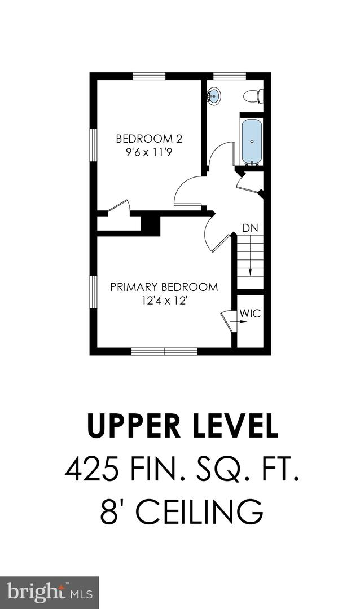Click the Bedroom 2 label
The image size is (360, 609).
[x=149, y=138]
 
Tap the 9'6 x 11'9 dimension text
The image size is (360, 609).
[x=149, y=152]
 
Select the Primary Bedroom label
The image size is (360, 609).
[x=164, y=287]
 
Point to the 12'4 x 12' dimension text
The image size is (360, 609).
[x=164, y=301]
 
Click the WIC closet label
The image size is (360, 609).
[x=251, y=314]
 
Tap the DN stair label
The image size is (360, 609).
[x=250, y=228]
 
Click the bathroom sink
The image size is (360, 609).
[x=214, y=97]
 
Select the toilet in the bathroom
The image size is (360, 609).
[x=253, y=96]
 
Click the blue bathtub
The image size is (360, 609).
[x=252, y=141]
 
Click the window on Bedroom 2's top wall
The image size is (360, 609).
[x=149, y=76]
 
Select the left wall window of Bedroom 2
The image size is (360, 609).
[x=94, y=149]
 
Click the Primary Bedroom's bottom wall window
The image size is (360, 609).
[x=164, y=351]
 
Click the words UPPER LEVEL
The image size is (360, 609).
[x=182, y=427]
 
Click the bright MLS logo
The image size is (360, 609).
[x=49, y=592]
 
